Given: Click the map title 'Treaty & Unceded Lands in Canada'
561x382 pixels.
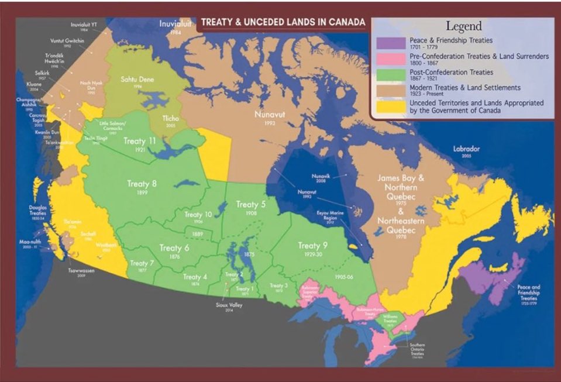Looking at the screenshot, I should click(x=283, y=23).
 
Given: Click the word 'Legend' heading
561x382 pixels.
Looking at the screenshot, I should click(x=463, y=26).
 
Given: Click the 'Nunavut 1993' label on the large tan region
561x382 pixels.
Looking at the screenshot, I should click(x=269, y=117).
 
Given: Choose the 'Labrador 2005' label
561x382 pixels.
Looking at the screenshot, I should click(x=466, y=150).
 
